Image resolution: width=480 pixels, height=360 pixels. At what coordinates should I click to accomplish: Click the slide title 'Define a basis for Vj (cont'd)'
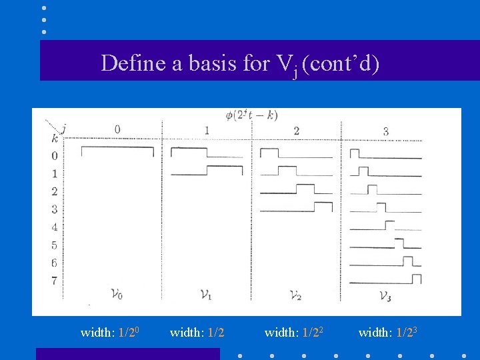tap(240, 64)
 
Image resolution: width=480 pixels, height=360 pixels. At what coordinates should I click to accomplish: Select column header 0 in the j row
tap(117, 129)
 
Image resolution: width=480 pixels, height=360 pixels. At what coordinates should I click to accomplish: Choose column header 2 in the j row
tap(295, 131)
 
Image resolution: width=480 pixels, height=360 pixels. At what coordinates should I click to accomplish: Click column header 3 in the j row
tap(385, 131)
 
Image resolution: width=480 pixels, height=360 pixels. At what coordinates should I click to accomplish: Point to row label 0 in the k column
tap(54, 156)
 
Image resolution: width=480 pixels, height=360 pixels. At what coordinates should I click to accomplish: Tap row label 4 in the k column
tap(54, 227)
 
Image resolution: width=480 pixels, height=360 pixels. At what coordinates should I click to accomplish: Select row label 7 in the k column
tap(54, 280)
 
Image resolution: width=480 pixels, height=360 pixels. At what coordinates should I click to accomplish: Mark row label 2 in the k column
tap(54, 191)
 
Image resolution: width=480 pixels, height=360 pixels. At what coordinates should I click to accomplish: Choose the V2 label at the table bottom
tap(295, 295)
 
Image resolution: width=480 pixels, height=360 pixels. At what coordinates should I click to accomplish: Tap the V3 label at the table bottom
tap(385, 295)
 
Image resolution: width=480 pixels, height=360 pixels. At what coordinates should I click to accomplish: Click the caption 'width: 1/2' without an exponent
tap(197, 332)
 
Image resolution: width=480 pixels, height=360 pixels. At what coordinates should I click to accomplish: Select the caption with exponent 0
tap(109, 332)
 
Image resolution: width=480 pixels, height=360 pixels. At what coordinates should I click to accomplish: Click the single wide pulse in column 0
tap(117, 151)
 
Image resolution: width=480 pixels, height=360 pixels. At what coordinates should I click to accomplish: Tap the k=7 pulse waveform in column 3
tap(386, 279)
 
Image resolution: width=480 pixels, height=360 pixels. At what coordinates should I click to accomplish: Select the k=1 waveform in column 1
tap(207, 171)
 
